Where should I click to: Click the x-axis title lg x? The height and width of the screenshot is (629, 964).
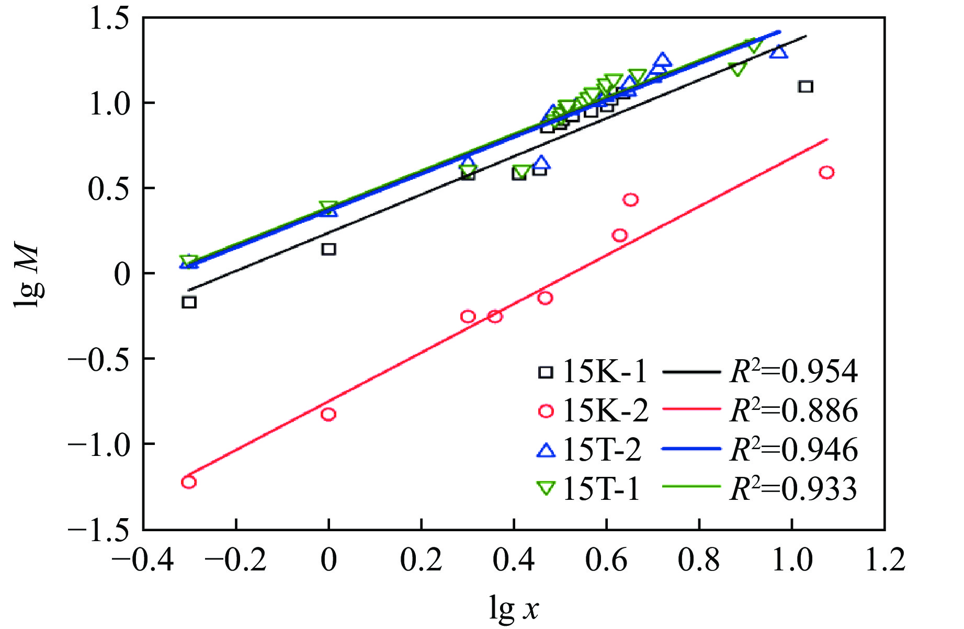pyautogui.click(x=514, y=608)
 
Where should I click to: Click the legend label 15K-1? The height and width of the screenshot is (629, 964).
pyautogui.click(x=605, y=372)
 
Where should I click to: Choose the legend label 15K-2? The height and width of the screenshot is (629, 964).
pyautogui.click(x=605, y=411)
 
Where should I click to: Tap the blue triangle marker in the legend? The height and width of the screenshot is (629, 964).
pyautogui.click(x=546, y=450)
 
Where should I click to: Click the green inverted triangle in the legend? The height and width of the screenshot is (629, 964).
pyautogui.click(x=546, y=488)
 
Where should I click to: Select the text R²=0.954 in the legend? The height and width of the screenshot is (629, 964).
pyautogui.click(x=793, y=372)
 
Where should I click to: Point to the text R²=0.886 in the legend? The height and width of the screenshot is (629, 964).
pyautogui.click(x=793, y=410)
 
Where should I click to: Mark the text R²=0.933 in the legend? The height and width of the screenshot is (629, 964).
pyautogui.click(x=793, y=489)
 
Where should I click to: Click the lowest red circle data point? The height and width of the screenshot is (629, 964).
pyautogui.click(x=189, y=482)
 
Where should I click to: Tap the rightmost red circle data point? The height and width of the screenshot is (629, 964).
pyautogui.click(x=826, y=173)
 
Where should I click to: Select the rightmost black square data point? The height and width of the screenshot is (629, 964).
pyautogui.click(x=806, y=86)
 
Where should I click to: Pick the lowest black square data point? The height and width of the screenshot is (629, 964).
pyautogui.click(x=189, y=302)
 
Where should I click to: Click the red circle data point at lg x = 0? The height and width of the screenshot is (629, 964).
pyautogui.click(x=328, y=414)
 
